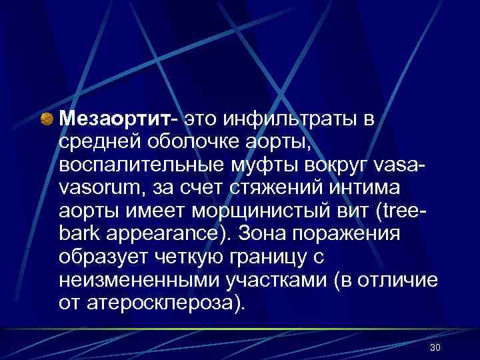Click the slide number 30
[435, 348]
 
